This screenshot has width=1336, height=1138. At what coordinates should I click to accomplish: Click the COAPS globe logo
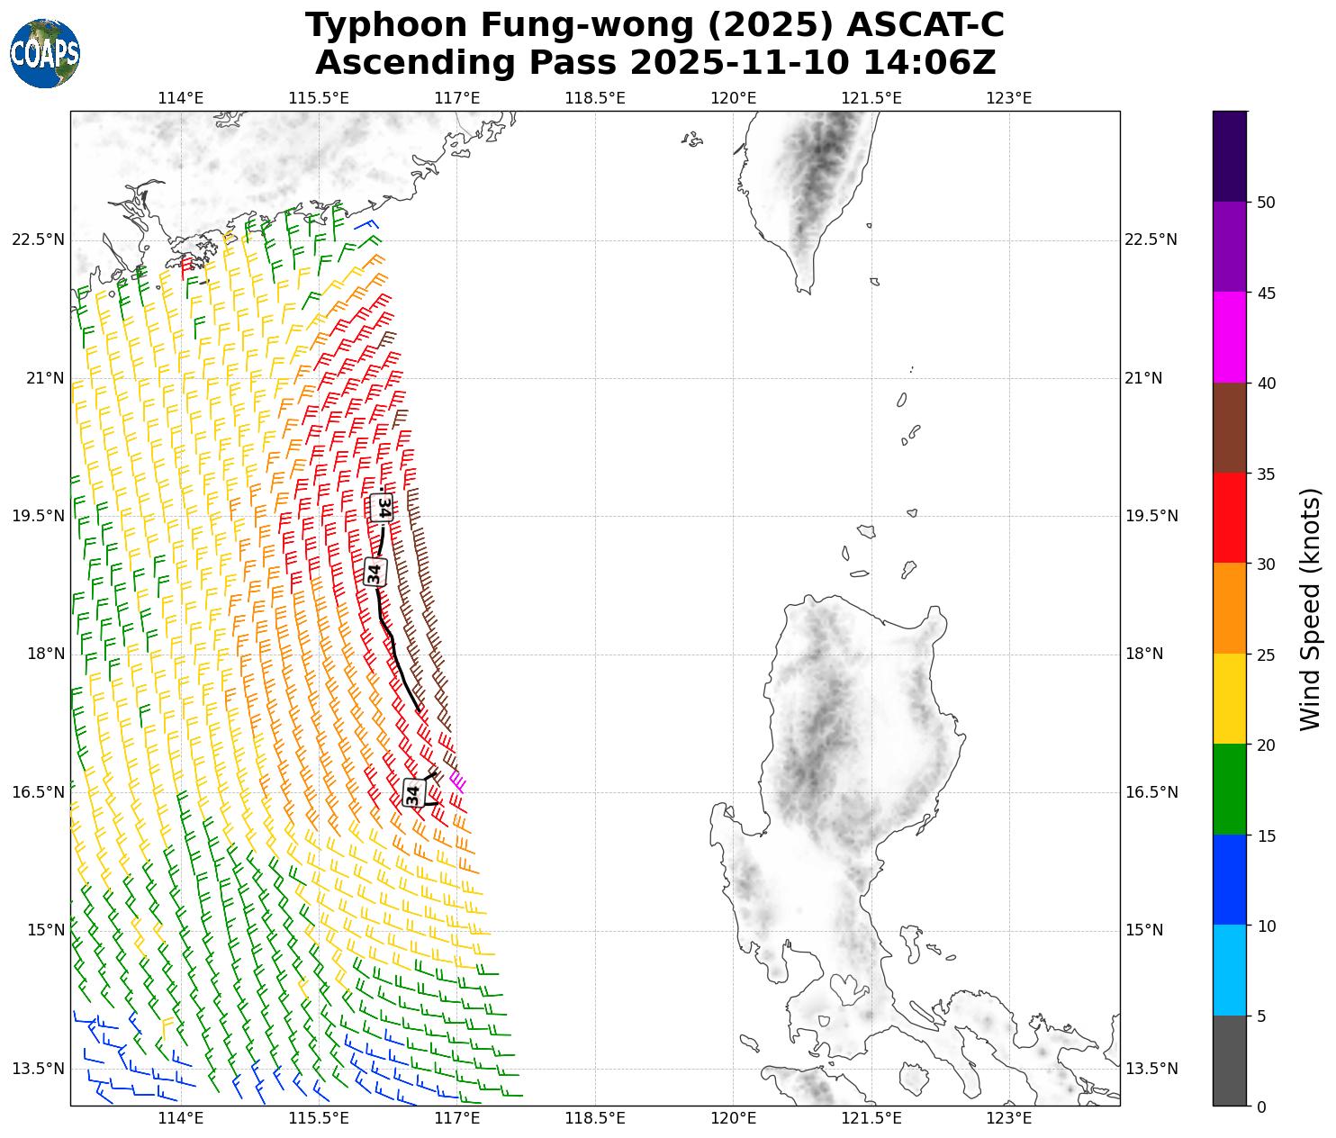[45, 54]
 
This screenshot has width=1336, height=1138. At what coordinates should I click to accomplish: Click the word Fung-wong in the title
[500, 26]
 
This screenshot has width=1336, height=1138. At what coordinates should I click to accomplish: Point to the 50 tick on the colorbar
[1266, 203]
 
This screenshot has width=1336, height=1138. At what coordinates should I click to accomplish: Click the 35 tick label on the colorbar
[1266, 474]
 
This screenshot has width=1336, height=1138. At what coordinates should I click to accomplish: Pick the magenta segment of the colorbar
[1229, 338]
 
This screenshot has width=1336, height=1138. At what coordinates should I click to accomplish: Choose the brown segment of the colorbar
[1229, 428]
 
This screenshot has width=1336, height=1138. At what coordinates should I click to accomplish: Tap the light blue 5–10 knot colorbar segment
[1229, 971]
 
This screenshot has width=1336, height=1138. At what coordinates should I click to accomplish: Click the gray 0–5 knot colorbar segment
[1229, 1061]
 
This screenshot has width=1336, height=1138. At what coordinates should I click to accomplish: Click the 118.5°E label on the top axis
[595, 97]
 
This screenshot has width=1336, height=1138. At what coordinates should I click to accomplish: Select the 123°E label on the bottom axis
[1008, 1118]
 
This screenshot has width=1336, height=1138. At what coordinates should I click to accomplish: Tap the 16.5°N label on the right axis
[1151, 792]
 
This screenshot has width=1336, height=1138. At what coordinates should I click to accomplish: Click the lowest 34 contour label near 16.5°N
[413, 793]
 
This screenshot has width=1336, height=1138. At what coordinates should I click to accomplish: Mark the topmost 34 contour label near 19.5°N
[383, 507]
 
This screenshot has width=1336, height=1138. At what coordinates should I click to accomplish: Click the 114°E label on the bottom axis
[181, 1118]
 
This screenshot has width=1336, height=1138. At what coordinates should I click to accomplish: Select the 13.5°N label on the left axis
[39, 1069]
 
